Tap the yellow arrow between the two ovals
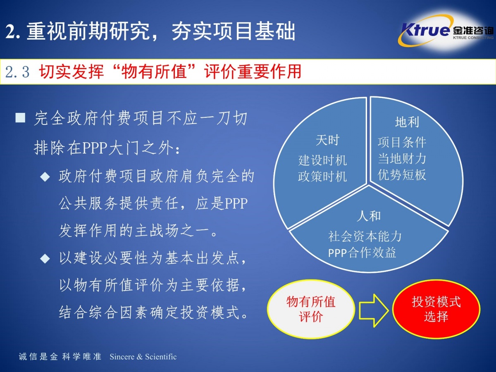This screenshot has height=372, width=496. [374, 310]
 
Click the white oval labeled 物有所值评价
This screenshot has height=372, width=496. [311, 309]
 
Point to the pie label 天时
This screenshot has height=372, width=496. [327, 140]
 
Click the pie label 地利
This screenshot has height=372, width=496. [407, 122]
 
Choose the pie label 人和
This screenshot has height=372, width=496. [369, 216]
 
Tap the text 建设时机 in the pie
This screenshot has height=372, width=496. [322, 160]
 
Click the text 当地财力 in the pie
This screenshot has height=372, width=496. [402, 159]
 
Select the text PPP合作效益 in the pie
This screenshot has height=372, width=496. [362, 253]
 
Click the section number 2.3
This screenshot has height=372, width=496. [17, 72]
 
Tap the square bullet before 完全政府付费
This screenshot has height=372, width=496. [20, 118]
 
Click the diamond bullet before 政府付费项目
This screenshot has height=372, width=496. [45, 177]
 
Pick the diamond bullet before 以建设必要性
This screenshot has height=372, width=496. [45, 259]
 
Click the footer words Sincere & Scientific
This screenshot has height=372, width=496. [143, 357]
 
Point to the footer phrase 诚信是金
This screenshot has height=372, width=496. [38, 357]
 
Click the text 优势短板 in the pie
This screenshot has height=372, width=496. [402, 174]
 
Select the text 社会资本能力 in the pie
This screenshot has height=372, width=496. [365, 236]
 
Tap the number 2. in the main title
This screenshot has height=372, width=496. [13, 31]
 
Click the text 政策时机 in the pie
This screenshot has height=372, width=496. [322, 176]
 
